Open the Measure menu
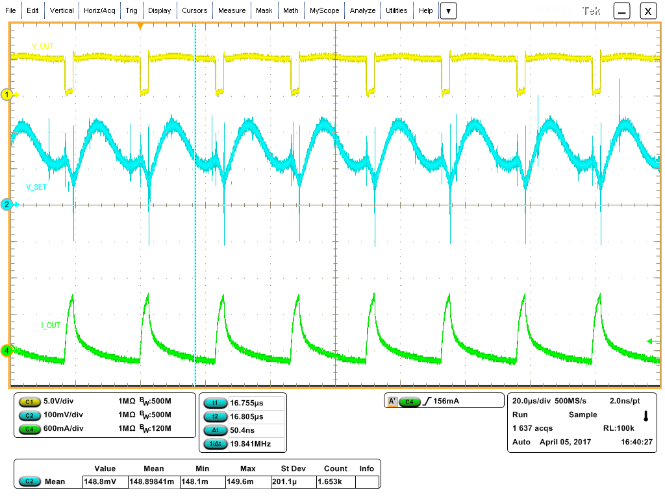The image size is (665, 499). coord(232,10)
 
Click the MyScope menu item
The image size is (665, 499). coord(323,10)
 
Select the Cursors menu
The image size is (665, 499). coord(194,10)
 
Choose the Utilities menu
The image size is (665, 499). coord(396,10)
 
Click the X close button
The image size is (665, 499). coord(647,11)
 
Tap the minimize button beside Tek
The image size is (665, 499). coord(622,11)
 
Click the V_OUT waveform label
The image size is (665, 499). coord(44,45)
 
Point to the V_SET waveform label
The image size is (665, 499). coord(37,186)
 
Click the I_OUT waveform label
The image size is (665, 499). coord(51,325)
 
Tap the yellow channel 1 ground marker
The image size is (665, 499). coord(8,95)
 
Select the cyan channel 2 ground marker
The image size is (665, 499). coord(8,205)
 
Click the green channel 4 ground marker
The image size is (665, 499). coord(8,351)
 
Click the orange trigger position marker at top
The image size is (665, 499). coord(140,26)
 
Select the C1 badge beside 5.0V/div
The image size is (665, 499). coord(29,402)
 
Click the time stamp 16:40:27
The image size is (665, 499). coord(636,442)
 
